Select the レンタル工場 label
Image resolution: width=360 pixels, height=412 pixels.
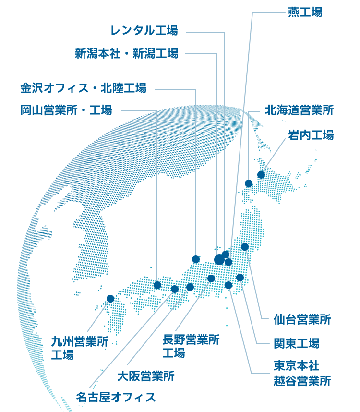(x=144, y=31)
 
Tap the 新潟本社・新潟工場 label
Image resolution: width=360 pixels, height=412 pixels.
(x=126, y=53)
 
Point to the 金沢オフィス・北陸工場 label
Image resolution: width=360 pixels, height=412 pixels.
(x=83, y=88)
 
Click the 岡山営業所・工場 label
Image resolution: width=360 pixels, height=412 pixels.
(x=66, y=110)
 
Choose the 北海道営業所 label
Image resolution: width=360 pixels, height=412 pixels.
(x=299, y=110)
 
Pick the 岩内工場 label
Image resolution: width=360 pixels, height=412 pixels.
(x=311, y=135)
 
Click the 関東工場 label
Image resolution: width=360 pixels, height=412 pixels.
(x=296, y=343)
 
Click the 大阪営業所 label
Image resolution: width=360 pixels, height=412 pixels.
(x=146, y=376)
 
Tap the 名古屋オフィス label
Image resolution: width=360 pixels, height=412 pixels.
(x=116, y=397)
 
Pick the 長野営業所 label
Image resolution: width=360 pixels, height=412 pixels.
(x=191, y=340)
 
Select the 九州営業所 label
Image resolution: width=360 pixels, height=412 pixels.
(x=80, y=342)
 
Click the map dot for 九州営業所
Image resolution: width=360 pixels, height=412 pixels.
(x=110, y=298)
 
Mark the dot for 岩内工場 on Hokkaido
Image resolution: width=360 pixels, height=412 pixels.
(x=261, y=175)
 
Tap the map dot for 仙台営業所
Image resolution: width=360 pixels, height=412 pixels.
(x=245, y=247)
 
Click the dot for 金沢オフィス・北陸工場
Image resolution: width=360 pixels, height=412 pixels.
(x=195, y=259)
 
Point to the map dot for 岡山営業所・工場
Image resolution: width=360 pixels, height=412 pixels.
(x=157, y=285)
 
